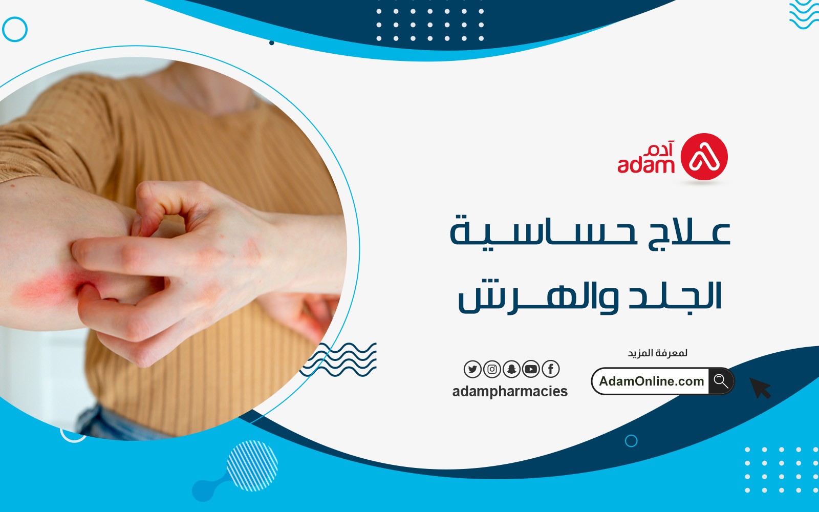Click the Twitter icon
click(x=472, y=369)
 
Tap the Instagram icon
click(x=492, y=369)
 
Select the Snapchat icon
click(x=511, y=369)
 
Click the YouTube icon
click(x=531, y=369)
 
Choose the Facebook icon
click(x=551, y=369)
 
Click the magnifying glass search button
click(x=721, y=381)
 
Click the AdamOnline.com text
click(x=651, y=381)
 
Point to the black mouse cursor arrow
click(x=760, y=388)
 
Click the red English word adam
click(x=645, y=165)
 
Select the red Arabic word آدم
click(x=659, y=149)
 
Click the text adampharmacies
click(x=510, y=391)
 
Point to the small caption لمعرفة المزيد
click(x=658, y=353)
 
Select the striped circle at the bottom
click(x=252, y=465)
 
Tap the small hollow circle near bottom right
click(x=631, y=441)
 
